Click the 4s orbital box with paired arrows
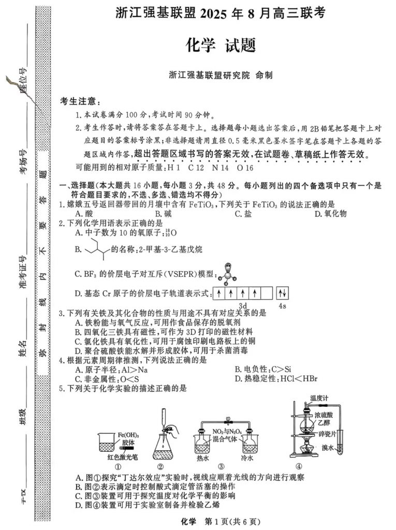(x=283, y=293)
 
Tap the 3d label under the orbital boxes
(x=242, y=305)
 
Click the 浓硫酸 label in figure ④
(x=328, y=415)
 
